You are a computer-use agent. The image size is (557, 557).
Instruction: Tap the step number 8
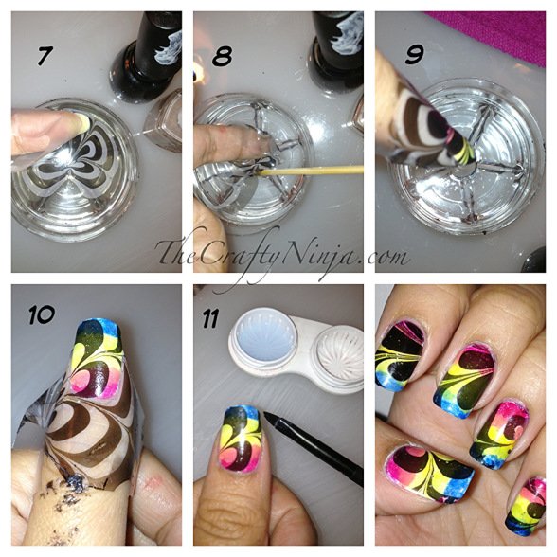coord(225,56)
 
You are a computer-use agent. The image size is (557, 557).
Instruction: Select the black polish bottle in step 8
coord(335,43)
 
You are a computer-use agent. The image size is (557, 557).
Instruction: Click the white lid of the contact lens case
coord(266,341)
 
